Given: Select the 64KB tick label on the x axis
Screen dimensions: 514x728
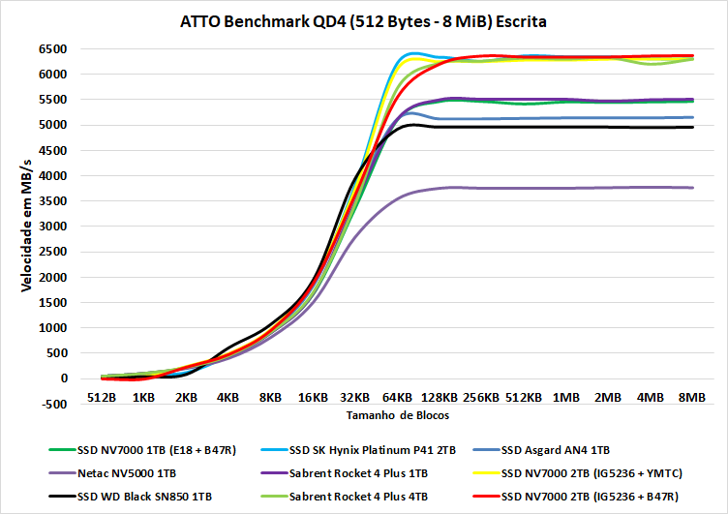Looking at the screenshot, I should click(396, 397).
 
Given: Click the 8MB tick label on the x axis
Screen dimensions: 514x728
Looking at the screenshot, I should click(692, 397).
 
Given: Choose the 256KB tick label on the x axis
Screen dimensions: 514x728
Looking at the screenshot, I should click(480, 397).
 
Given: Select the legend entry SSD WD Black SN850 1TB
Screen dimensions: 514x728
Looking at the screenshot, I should click(149, 496).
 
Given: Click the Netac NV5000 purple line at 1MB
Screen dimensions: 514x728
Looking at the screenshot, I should click(565, 188).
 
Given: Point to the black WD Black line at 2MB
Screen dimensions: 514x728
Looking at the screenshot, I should click(608, 127).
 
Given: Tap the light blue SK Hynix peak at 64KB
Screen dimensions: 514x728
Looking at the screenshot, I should click(414, 53).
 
